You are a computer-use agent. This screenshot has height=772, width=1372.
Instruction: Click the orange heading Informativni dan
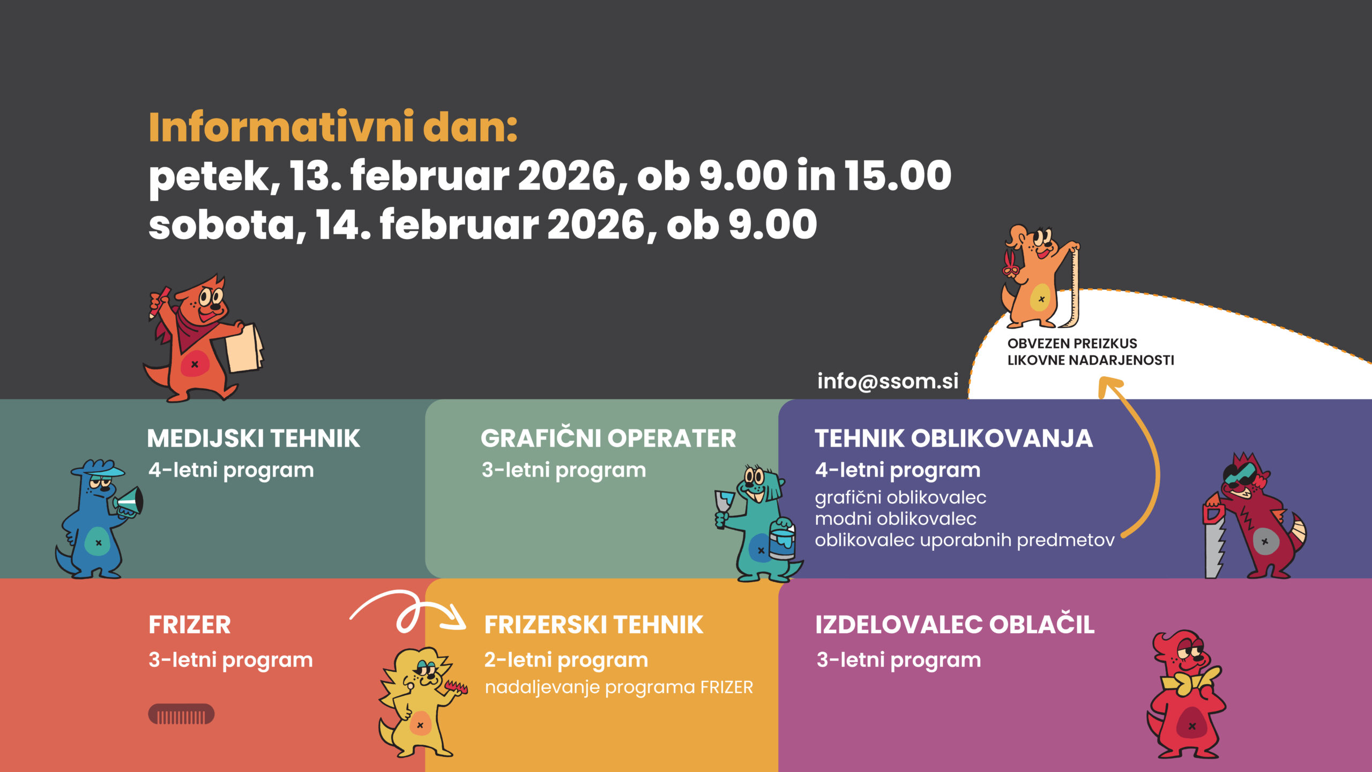pos(332,127)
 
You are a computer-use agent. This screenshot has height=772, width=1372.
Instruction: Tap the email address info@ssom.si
pos(888,381)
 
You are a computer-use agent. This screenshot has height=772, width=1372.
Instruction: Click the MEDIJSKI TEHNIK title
pos(253,439)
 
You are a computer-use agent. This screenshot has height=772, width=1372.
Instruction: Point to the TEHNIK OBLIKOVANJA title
pos(954,439)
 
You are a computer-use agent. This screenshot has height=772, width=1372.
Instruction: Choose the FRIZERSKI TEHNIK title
pos(594,625)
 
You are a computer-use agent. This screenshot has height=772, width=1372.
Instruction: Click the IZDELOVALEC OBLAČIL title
pos(955,624)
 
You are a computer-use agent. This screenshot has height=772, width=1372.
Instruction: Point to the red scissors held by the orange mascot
pos(1010,263)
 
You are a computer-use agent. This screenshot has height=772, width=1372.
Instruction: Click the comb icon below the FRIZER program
pos(181,714)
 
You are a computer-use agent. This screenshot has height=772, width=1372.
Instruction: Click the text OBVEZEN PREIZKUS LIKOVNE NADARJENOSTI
pos(1091,352)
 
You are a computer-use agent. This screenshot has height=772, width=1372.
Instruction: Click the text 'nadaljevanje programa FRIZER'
pos(619,687)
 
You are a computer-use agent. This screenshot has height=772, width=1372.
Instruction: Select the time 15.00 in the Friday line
pos(898,175)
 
